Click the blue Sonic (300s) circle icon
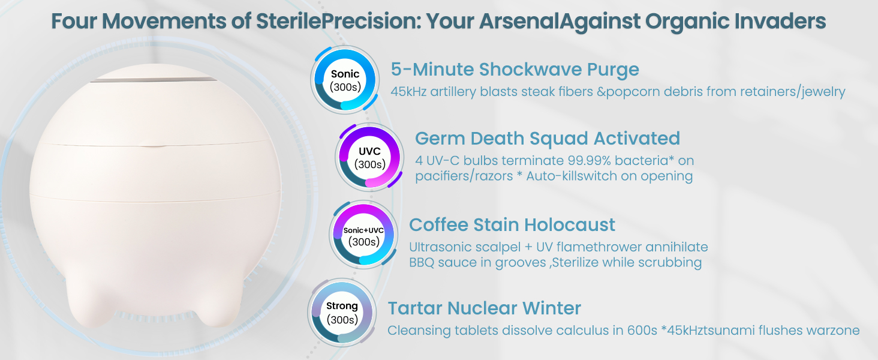point(345,80)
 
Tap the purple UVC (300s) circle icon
point(369,157)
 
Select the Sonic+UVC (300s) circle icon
point(364,235)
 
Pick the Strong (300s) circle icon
point(342,313)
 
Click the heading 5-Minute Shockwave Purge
point(515,70)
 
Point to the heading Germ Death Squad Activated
point(547,138)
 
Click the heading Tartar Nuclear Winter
point(484,308)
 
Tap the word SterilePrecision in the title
point(338,21)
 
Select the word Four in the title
point(74,21)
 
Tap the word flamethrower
point(599,247)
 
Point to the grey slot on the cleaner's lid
point(154,80)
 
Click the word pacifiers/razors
point(464,176)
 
